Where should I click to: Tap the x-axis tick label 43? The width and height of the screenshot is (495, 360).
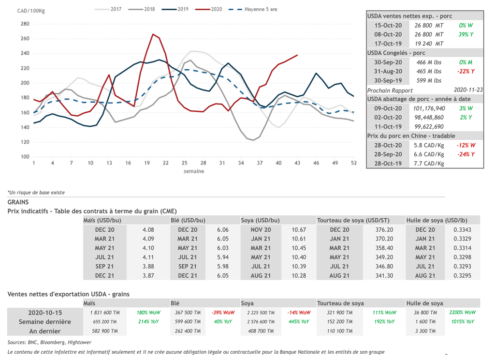point(297,163)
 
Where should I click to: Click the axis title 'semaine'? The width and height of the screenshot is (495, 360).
point(193,171)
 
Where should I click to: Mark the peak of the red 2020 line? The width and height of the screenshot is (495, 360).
point(153,34)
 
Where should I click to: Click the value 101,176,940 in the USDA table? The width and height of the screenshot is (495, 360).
point(429,108)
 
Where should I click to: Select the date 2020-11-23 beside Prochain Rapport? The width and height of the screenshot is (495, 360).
point(468,90)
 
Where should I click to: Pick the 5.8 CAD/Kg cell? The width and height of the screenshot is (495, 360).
point(429,145)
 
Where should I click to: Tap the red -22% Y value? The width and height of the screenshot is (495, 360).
point(466,71)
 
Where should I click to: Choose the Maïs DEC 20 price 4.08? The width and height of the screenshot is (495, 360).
point(148,230)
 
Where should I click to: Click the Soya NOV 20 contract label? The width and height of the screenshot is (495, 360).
point(261,230)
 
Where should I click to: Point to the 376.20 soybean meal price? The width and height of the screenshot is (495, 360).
point(384,230)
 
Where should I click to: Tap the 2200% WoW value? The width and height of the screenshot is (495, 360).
point(462,313)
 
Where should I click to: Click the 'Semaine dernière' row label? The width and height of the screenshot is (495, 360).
point(45,322)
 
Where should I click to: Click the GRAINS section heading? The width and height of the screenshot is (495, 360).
point(18,202)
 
